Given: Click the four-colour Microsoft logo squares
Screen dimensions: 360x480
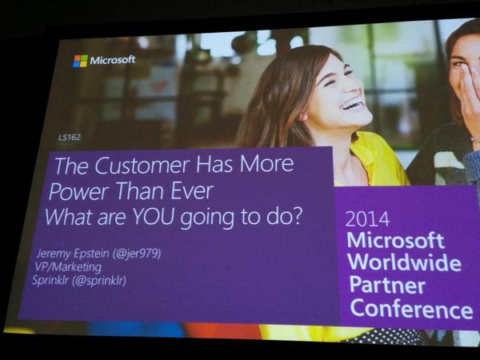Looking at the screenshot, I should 80,61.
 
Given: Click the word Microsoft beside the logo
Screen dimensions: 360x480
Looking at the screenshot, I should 113,60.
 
